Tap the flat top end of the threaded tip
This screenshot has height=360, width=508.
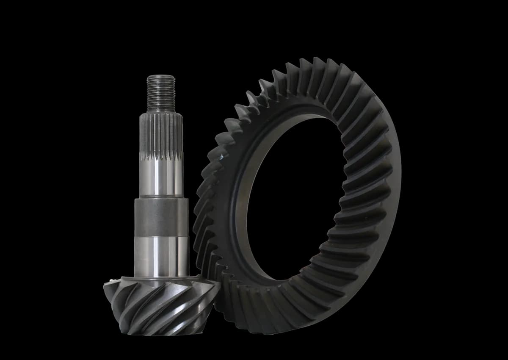coord(161,77)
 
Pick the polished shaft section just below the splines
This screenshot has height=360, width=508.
coord(161,178)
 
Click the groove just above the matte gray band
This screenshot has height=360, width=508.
coord(161,197)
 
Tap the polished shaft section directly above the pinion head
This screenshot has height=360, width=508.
coord(161,256)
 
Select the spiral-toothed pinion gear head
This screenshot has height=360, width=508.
coord(161,305)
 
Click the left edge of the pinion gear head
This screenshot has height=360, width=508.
coord(105,290)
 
